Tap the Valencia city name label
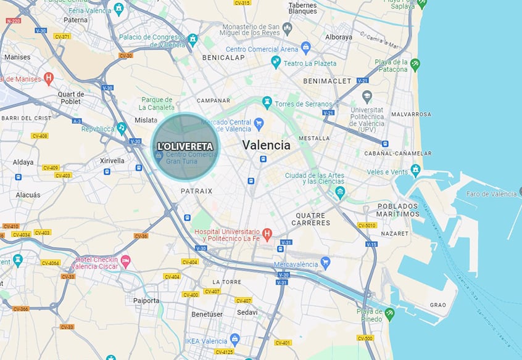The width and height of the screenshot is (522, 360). pos(266,145)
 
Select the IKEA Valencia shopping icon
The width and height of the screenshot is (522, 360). pos(234,340)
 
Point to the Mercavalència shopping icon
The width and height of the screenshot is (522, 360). pos(326,263)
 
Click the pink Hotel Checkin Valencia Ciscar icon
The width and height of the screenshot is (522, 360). pos(126,262)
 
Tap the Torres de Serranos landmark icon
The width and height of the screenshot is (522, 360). pos(267,102)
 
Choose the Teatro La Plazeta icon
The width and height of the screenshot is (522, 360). pos(276,62)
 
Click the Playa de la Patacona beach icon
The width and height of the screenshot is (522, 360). pos(416,64)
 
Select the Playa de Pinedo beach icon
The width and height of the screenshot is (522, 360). pos(389,315)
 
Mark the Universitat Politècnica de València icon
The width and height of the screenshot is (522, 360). pos(367,97)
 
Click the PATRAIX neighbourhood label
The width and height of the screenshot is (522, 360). pos(196,191)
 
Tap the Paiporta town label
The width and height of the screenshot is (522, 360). pos(146,301)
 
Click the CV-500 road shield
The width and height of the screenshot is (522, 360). pos(365,338)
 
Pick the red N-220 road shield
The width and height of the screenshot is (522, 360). pos(13,21)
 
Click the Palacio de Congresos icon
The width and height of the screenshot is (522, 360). pos(193,40)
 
